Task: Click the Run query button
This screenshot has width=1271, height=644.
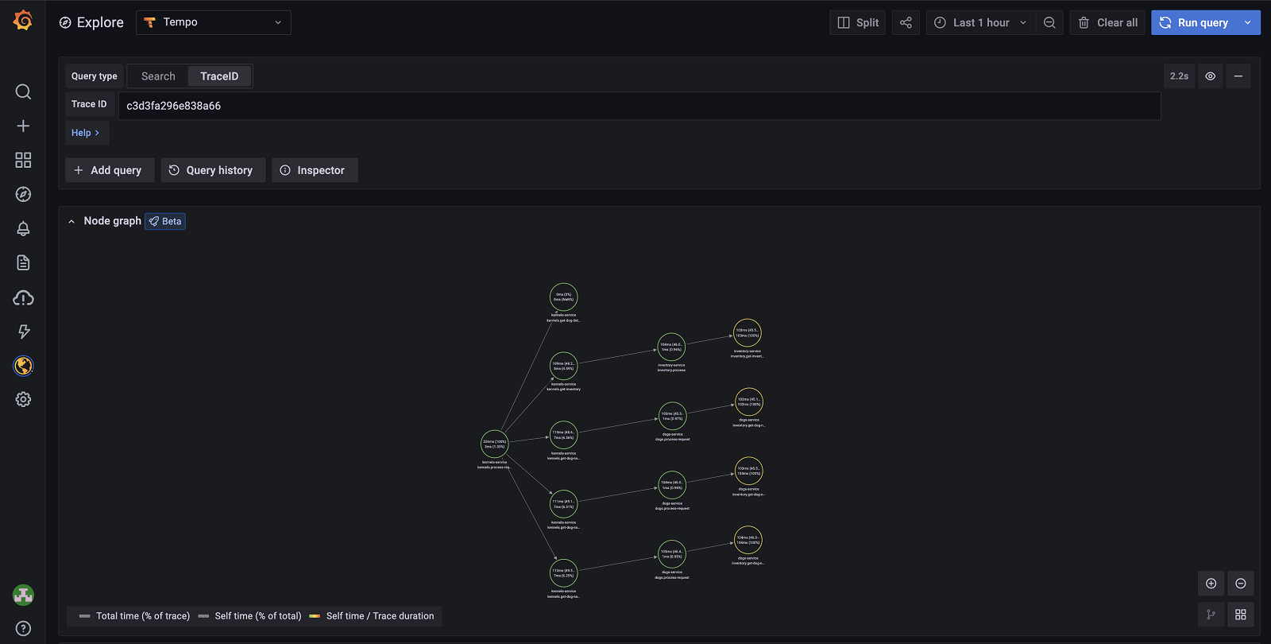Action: pos(1195,22)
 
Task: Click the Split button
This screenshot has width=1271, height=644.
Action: pos(858,22)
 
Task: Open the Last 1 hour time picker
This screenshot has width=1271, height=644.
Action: pos(981,22)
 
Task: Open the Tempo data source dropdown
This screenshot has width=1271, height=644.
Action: pos(214,22)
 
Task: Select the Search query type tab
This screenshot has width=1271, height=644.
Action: pos(158,76)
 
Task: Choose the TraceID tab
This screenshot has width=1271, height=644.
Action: pos(219,76)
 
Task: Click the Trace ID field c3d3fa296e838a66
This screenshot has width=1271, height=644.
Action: pos(639,106)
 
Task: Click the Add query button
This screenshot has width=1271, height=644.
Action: pos(109,170)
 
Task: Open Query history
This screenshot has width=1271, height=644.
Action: pos(212,170)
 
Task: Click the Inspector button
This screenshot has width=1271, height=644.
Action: pos(314,170)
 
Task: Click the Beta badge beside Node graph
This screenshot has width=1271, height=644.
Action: pos(165,221)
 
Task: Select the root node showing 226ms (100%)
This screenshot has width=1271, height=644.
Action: pos(494,444)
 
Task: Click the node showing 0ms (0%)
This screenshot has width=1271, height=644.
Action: pos(563,297)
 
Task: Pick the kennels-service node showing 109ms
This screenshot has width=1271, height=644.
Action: pos(563,367)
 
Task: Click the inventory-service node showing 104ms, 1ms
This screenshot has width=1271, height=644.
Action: pos(671,347)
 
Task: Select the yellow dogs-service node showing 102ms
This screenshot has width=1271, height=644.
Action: pos(748,402)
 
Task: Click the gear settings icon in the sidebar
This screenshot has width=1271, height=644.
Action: pos(23,399)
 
